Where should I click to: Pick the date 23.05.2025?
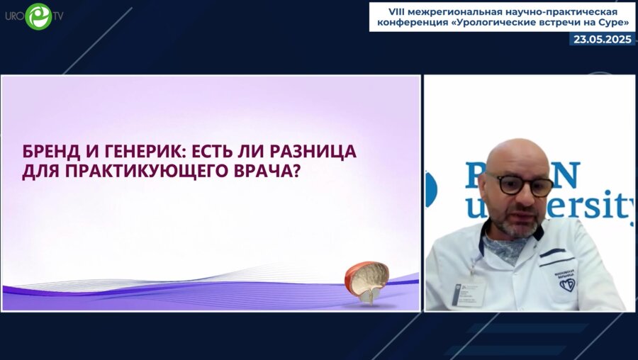(x=602, y=40)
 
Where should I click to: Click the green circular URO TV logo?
(x=38, y=16)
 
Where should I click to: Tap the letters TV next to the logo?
(x=57, y=16)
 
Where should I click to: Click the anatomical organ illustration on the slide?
(x=367, y=281)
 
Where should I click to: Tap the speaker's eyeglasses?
(x=517, y=185)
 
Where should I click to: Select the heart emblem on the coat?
(x=566, y=284)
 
